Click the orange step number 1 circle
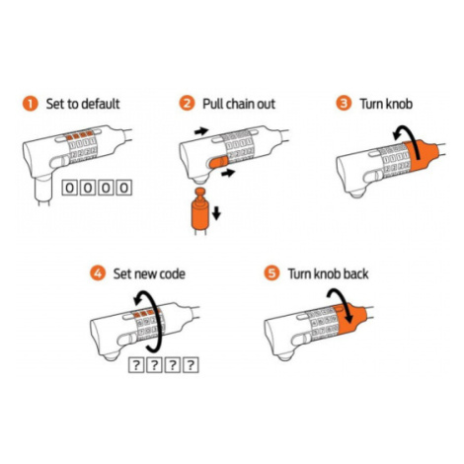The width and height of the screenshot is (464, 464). pos(31,104)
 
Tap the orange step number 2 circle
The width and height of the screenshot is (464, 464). pos(187,104)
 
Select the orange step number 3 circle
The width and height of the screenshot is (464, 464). pos(344,104)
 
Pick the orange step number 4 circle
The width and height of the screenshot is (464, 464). pos(98,273)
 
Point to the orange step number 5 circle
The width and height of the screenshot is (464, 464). pos(271,273)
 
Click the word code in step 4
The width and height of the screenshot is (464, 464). pos(171,273)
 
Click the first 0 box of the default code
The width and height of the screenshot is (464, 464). pos(70,188)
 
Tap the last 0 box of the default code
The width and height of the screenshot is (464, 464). pos(124,188)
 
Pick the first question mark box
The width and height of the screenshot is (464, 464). pos(136,365)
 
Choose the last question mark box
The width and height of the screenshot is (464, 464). pos(191,365)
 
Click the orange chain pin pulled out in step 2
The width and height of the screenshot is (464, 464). pos(199,209)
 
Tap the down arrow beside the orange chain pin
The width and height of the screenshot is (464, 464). pos(216,213)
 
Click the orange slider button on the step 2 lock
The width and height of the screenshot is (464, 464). pos(217,163)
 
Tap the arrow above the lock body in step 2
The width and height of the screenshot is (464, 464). pos(201,131)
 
